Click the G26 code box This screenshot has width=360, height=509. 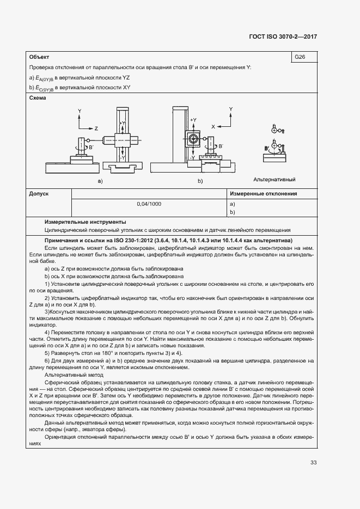pyautogui.click(x=300, y=57)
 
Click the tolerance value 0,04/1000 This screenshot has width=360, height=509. pyautogui.click(x=149, y=204)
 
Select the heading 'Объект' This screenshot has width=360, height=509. pyautogui.click(x=39, y=57)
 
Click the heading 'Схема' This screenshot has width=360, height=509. pyautogui.click(x=38, y=99)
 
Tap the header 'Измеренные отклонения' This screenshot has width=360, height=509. pyautogui.click(x=263, y=193)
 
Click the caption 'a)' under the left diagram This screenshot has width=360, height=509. pyautogui.click(x=100, y=180)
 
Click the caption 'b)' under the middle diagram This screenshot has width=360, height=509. pyautogui.click(x=200, y=180)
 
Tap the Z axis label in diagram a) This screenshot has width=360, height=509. pyautogui.click(x=96, y=129)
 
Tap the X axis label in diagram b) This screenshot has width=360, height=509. pyautogui.click(x=213, y=125)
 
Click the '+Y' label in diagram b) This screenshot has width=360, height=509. pyautogui.click(x=194, y=119)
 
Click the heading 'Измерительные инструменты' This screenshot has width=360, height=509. pyautogui.click(x=86, y=222)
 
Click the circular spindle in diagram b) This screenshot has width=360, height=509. pyautogui.click(x=193, y=139)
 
